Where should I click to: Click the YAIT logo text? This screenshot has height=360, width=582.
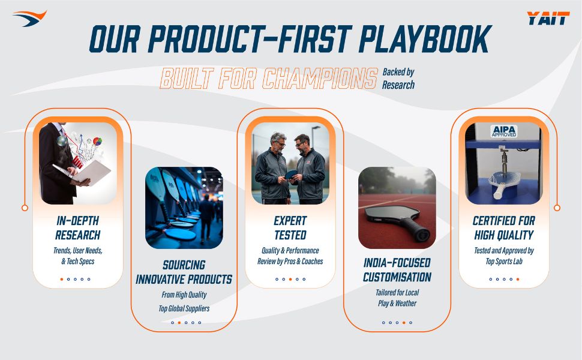point(548,18)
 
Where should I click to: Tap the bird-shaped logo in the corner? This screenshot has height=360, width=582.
point(29,19)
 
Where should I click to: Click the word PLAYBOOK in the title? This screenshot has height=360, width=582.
point(425,38)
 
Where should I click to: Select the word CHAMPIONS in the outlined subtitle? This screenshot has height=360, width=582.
point(320,79)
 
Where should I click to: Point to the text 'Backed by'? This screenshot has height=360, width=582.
point(398,72)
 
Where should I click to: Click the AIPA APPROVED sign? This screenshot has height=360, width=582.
point(503,131)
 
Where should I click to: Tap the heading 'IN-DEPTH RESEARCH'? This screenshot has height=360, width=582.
point(78,228)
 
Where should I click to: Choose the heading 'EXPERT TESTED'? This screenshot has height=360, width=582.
point(290,228)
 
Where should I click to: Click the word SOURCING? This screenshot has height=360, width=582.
point(184,265)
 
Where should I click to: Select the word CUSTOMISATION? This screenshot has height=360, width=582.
point(397,277)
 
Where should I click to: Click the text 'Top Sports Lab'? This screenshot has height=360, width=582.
point(504,261)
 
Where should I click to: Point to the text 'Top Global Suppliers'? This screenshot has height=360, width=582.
point(184,308)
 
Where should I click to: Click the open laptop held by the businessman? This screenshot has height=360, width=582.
point(83,173)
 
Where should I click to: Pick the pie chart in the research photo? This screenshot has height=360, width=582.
point(97,142)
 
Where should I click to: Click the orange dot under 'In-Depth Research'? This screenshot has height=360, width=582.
point(62,279)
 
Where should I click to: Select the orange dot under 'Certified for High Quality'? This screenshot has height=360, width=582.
point(518,279)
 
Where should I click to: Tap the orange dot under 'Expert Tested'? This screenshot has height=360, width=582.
point(290,279)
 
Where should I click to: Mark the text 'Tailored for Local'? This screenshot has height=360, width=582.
point(397,292)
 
